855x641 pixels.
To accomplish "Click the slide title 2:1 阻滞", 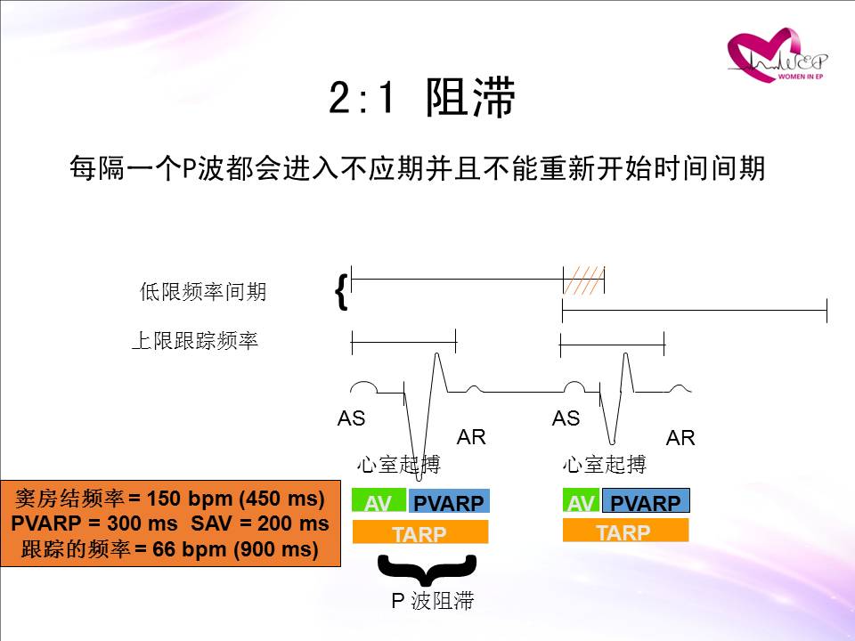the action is pyautogui.click(x=421, y=98).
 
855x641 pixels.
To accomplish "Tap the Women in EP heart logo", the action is pyautogui.click(x=777, y=55).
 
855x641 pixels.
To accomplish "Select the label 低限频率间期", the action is pyautogui.click(x=203, y=292).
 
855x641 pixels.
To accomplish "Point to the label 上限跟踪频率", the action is pyautogui.click(x=195, y=341).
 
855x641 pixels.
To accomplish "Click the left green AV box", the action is pyautogui.click(x=379, y=500).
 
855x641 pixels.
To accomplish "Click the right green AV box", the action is pyautogui.click(x=582, y=500).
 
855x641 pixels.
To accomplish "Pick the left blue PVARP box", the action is pyautogui.click(x=449, y=501).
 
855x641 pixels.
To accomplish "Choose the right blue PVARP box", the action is pyautogui.click(x=646, y=501).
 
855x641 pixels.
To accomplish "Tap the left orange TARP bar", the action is pyautogui.click(x=419, y=532).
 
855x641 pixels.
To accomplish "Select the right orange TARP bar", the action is pyautogui.click(x=625, y=530).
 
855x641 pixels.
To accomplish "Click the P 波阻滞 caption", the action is pyautogui.click(x=433, y=601).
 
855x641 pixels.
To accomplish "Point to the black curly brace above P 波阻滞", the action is pyautogui.click(x=427, y=569).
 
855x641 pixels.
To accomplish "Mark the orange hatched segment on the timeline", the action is pyautogui.click(x=583, y=280).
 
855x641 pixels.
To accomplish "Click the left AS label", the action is pyautogui.click(x=351, y=418).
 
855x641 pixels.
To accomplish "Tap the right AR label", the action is pyautogui.click(x=680, y=438).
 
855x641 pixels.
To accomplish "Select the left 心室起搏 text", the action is pyautogui.click(x=399, y=465).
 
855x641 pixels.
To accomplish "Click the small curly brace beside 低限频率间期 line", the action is pyautogui.click(x=341, y=292).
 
